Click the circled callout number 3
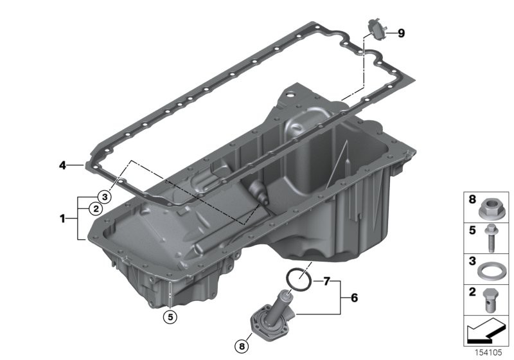pyautogui.click(x=105, y=197)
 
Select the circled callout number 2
pyautogui.click(x=96, y=208)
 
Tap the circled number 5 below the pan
pyautogui.click(x=170, y=317)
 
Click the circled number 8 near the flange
pyautogui.click(x=242, y=346)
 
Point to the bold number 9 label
pyautogui.click(x=401, y=33)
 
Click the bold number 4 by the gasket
pyautogui.click(x=62, y=166)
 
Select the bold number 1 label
pyautogui.click(x=62, y=219)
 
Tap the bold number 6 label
pyautogui.click(x=355, y=298)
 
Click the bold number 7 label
pyautogui.click(x=326, y=282)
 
